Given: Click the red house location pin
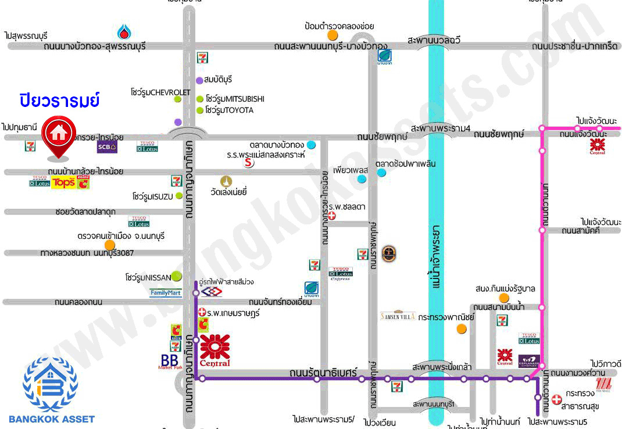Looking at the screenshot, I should pyautogui.click(x=58, y=136).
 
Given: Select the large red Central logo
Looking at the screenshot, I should pyautogui.click(x=215, y=350).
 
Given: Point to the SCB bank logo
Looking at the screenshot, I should pyautogui.click(x=107, y=146).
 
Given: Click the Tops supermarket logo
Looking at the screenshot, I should pyautogui.click(x=64, y=183).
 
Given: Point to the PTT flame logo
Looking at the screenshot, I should pyautogui.click(x=124, y=31).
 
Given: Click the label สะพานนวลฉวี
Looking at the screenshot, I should pyautogui.click(x=434, y=40).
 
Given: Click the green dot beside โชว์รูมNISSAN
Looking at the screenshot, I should pyautogui.click(x=176, y=276).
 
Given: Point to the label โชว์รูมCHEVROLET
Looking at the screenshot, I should pyautogui.click(x=160, y=92).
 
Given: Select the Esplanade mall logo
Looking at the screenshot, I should pyautogui.click(x=529, y=360).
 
